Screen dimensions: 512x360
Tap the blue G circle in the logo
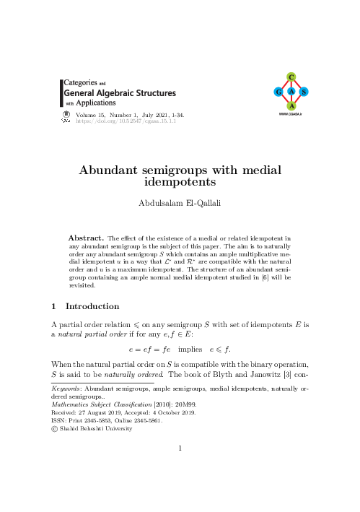pyautogui.click(x=278, y=92)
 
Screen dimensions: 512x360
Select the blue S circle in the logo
pyautogui.click(x=304, y=92)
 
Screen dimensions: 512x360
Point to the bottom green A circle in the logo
pyautogui.click(x=291, y=106)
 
